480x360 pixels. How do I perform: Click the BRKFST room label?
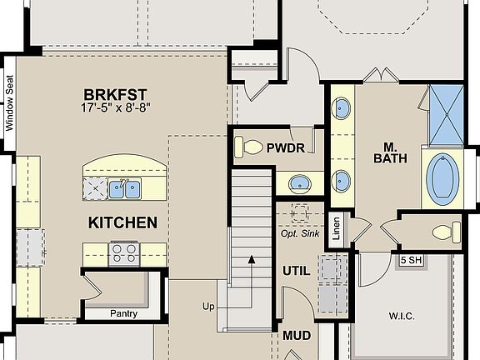pos(116,93)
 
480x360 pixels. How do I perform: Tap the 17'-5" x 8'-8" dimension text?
pos(116,107)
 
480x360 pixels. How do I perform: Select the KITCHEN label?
pos(122,222)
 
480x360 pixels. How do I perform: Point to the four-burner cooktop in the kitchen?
pos(125,252)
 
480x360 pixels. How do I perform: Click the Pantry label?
pos(124,314)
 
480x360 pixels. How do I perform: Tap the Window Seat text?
pos(10,104)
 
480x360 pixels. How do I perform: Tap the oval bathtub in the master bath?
pos(442,177)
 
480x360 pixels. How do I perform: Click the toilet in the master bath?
pos(445,229)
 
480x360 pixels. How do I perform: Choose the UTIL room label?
pos(296,271)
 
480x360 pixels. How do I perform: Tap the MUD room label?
pos(296,336)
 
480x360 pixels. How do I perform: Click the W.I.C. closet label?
pos(401,316)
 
